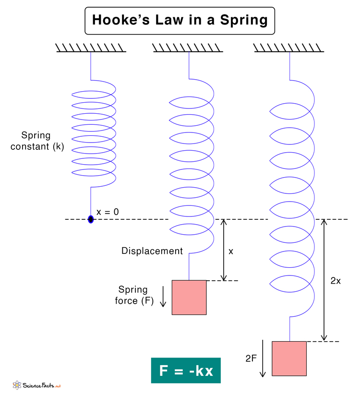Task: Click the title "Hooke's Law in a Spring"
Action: (x=180, y=20)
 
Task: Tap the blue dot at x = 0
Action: (x=91, y=219)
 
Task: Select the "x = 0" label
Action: (x=108, y=212)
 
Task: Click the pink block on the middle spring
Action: (x=189, y=298)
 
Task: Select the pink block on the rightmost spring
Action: (x=289, y=358)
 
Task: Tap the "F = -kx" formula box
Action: (x=186, y=371)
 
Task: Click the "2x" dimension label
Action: (x=336, y=281)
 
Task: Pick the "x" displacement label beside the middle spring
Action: (x=231, y=251)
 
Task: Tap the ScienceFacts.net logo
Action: (x=37, y=385)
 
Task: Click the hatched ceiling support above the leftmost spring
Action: (x=91, y=48)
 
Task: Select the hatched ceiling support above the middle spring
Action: (x=188, y=48)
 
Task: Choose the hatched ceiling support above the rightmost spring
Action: (x=288, y=48)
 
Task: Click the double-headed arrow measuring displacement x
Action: (x=223, y=250)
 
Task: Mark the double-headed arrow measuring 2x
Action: (x=324, y=280)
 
